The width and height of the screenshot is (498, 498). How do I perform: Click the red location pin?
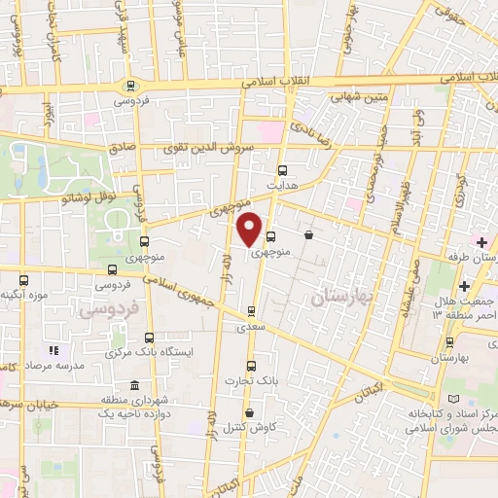[250, 228]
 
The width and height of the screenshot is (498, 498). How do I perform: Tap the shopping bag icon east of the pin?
[308, 234]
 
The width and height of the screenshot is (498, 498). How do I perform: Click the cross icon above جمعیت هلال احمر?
[464, 286]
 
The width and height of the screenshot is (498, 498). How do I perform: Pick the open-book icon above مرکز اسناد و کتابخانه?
[449, 401]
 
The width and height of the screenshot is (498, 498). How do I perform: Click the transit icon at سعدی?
[253, 312]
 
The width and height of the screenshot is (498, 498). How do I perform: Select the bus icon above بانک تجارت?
[251, 367]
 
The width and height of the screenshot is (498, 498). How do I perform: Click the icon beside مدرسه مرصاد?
[54, 349]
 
